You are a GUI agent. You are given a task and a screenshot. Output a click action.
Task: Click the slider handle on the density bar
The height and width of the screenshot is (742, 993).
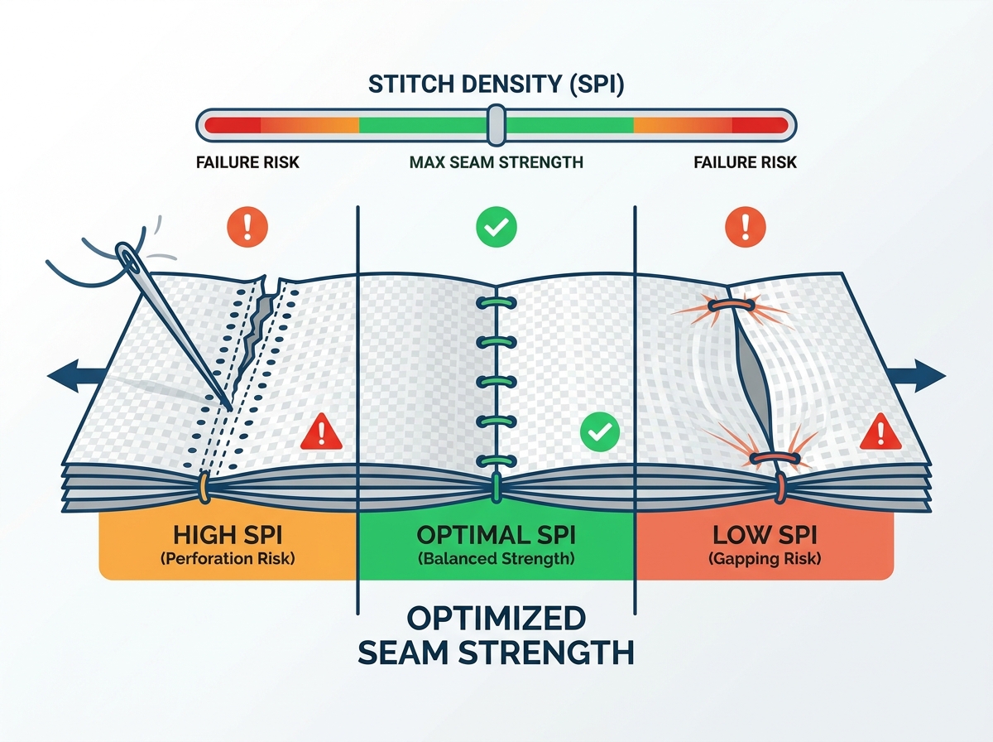click(x=496, y=125)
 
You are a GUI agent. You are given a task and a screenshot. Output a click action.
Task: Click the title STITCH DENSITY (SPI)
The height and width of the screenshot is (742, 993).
click(x=496, y=84)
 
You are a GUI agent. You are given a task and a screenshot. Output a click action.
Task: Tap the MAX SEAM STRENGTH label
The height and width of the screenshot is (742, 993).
click(x=496, y=162)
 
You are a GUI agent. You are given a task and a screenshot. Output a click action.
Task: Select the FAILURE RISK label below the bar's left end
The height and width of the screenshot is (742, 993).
click(x=247, y=162)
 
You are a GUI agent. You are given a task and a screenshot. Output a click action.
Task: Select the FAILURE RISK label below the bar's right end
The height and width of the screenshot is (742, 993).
click(x=745, y=162)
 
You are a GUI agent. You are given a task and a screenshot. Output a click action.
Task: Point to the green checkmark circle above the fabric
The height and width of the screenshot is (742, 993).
click(x=496, y=227)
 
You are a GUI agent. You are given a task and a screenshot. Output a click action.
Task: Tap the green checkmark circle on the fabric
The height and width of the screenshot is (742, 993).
click(x=600, y=431)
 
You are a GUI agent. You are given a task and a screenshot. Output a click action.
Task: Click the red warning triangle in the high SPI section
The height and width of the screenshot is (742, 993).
click(x=321, y=431)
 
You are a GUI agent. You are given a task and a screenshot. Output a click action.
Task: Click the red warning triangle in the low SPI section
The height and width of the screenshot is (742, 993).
click(x=880, y=431)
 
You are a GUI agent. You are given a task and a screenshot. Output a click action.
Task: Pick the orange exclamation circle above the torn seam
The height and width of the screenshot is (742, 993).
click(x=247, y=227)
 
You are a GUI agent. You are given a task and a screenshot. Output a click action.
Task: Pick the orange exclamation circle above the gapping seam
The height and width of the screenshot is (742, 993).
click(x=745, y=227)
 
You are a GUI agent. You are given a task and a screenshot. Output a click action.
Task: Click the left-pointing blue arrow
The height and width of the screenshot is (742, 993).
click(x=78, y=376)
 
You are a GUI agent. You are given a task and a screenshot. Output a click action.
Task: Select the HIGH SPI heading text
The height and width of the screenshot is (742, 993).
click(x=228, y=535)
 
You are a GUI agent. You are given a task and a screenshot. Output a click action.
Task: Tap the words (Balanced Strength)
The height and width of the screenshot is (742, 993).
click(x=496, y=559)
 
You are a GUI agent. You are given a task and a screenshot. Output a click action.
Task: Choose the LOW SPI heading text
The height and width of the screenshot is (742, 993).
click(x=765, y=535)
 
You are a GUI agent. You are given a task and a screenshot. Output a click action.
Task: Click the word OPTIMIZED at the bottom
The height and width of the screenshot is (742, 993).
click(x=496, y=619)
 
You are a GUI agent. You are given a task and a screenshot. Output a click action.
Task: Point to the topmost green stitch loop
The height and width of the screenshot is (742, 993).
click(x=496, y=302)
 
